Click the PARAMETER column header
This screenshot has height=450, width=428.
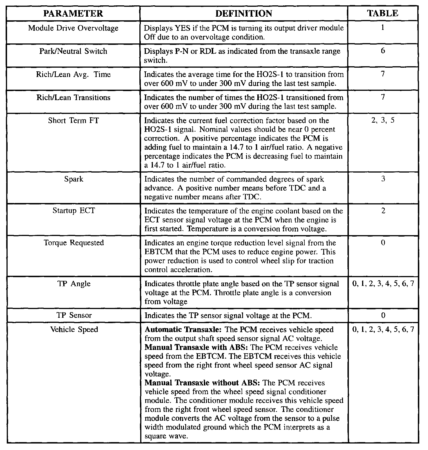click(73, 14)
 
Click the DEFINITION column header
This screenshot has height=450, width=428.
click(244, 14)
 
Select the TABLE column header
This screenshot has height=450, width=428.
click(383, 14)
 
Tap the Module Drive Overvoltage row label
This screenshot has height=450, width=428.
click(73, 28)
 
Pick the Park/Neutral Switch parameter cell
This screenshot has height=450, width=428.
click(73, 51)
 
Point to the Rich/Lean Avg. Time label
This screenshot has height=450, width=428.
click(73, 74)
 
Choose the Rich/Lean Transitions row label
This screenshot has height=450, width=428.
click(73, 98)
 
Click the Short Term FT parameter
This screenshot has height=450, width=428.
click(73, 121)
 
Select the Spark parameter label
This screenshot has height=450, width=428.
click(73, 179)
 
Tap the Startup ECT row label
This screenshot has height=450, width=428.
click(73, 211)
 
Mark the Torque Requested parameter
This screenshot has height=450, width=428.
click(73, 243)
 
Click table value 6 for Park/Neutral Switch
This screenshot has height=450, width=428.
click(383, 51)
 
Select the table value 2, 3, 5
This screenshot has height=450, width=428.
click(383, 120)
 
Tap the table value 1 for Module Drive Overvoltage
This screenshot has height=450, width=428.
click(383, 28)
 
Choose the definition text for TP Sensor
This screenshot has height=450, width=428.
click(228, 316)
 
